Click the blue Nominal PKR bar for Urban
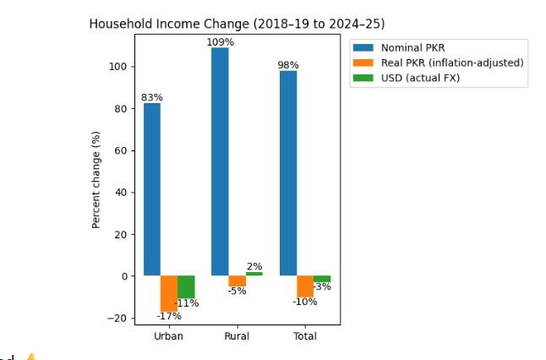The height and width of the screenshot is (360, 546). pos(152,189)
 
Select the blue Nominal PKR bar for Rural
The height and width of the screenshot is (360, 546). pos(220,161)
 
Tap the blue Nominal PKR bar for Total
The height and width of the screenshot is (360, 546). pos(288,173)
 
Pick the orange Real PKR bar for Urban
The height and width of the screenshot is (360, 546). pos(169,292)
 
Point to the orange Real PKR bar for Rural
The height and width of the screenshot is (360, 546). pos(238,281)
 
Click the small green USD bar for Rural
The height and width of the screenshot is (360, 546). pos(254,274)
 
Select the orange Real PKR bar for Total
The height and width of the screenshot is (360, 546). pos(305,286)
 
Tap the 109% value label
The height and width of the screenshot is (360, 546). pos(220,42)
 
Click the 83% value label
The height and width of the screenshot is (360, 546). pos(152,97)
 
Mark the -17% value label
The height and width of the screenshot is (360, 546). pos(169,316)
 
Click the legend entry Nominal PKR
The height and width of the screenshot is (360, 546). pos(412,47)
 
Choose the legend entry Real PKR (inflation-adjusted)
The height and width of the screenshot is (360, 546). pos(452,63)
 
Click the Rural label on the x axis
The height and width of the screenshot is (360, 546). pos(237,336)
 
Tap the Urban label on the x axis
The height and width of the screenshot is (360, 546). pos(169,336)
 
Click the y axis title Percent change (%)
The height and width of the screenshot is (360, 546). pos(96,179)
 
